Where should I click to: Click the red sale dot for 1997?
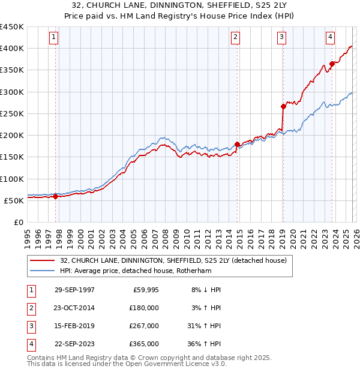pyautogui.click(x=56, y=196)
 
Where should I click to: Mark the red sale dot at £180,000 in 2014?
pyautogui.click(x=238, y=144)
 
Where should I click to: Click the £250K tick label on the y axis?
pyautogui.click(x=12, y=113)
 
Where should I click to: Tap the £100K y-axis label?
pyautogui.click(x=12, y=179)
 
